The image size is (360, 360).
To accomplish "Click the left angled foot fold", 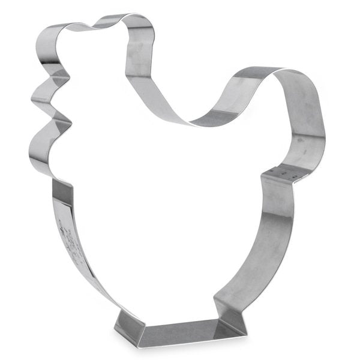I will pos(129,324).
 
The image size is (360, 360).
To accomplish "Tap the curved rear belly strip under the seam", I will pos(264,240).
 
